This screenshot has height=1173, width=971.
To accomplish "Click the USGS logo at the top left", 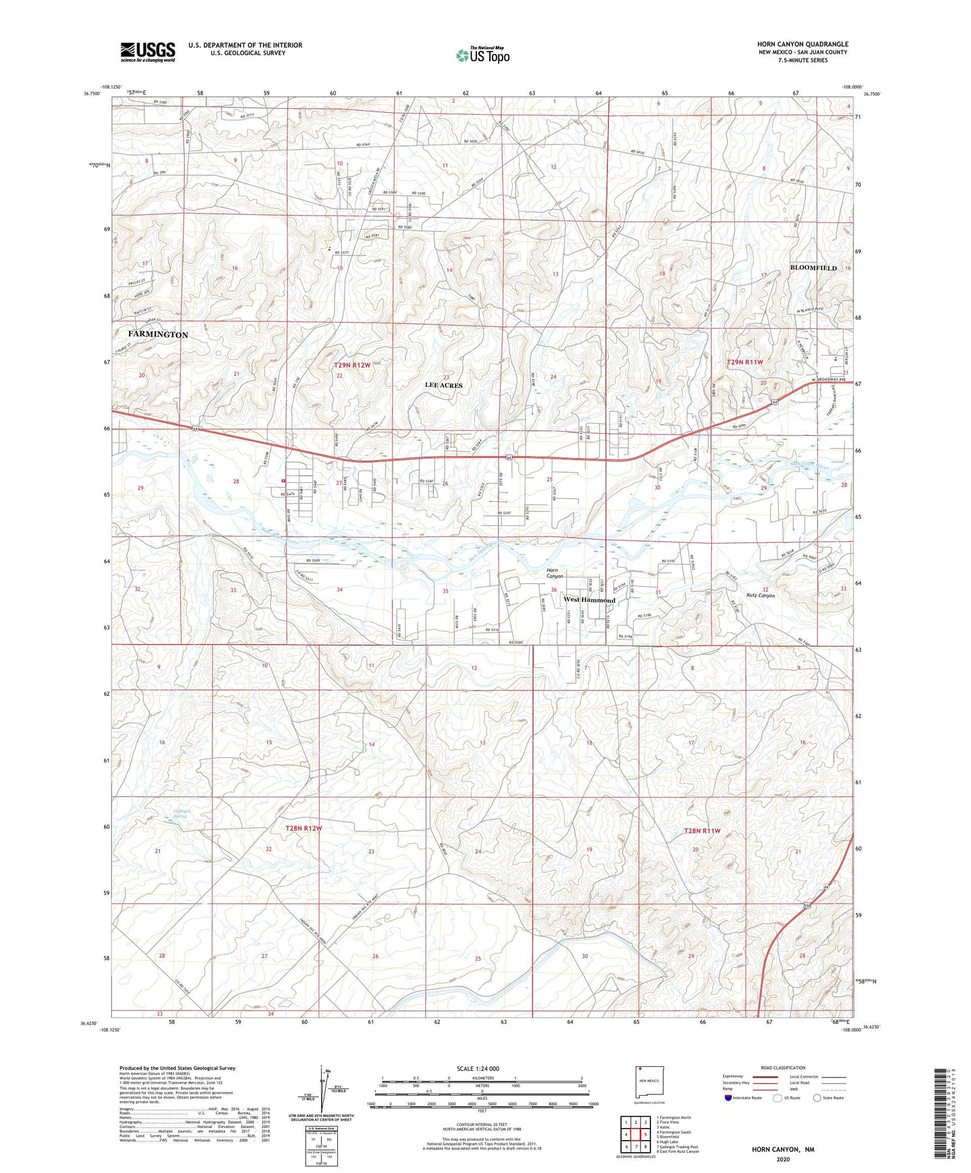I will (148, 52).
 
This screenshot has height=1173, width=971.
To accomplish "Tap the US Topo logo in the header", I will (482, 55).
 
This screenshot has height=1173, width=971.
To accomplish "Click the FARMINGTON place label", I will (158, 335).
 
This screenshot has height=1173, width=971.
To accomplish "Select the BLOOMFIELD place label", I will (813, 268).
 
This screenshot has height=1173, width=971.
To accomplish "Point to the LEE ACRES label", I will (444, 386).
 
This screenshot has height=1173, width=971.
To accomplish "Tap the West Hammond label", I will (589, 600).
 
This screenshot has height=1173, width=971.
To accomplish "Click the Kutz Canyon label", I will (761, 596).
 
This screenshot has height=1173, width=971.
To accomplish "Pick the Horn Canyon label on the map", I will (555, 573).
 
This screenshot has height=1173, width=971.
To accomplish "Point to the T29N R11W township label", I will (745, 362).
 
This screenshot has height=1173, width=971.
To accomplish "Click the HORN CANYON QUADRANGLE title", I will (802, 44).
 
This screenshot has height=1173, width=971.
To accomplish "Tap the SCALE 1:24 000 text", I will (478, 1068).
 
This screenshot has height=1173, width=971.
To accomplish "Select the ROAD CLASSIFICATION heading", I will (784, 1068).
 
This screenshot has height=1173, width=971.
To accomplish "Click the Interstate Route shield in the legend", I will (730, 1098).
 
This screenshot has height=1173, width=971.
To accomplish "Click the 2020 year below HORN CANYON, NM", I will (783, 1159).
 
